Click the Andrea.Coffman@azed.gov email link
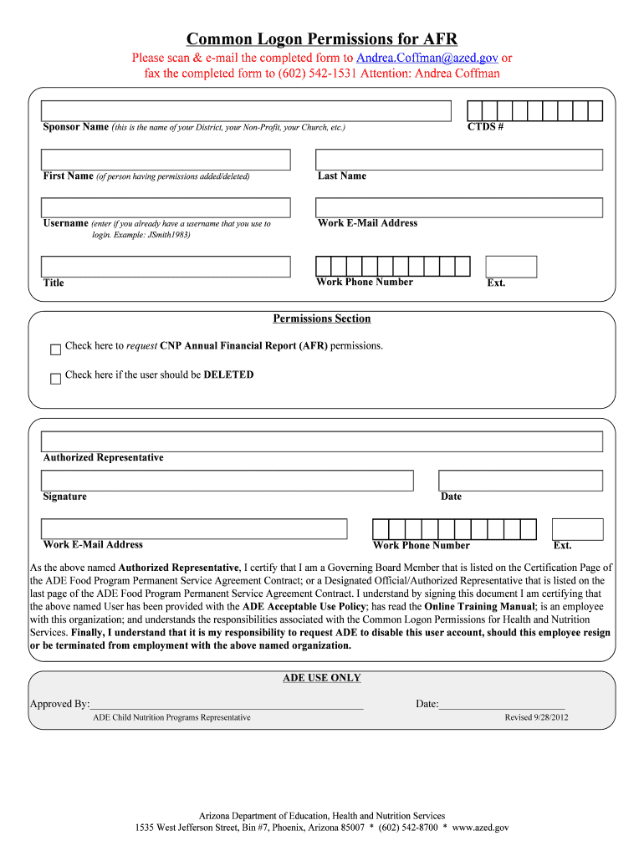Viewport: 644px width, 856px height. click(x=427, y=58)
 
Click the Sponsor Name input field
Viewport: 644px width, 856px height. click(x=246, y=111)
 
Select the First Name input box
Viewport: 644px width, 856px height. click(x=166, y=160)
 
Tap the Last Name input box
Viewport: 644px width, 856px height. click(x=458, y=160)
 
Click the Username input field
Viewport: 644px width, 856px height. click(x=166, y=208)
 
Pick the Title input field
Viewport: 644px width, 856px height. click(x=166, y=267)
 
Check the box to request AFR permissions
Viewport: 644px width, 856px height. click(x=56, y=348)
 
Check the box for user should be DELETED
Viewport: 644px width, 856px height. click(x=56, y=378)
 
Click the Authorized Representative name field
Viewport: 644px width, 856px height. click(x=322, y=441)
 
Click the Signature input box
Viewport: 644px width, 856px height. click(x=227, y=481)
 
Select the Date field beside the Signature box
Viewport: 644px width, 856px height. click(x=520, y=481)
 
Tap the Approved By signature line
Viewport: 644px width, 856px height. click(x=226, y=704)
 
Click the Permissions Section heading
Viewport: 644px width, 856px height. click(x=322, y=318)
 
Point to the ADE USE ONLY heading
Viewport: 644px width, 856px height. click(x=322, y=678)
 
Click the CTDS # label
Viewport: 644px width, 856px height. click(x=485, y=127)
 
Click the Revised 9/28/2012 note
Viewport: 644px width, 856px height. click(x=536, y=718)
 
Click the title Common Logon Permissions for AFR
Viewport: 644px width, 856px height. click(x=322, y=38)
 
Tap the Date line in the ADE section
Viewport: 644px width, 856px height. click(x=502, y=704)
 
